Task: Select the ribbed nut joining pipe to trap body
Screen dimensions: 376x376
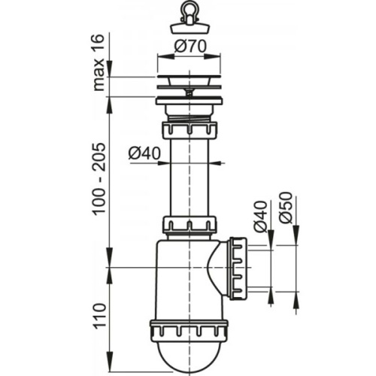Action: click(189, 224)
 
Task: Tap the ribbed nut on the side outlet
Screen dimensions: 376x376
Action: click(239, 267)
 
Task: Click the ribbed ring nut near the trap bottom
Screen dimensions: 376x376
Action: click(189, 329)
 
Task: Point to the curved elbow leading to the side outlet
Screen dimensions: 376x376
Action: click(217, 267)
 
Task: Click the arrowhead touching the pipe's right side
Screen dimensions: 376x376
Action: click(215, 162)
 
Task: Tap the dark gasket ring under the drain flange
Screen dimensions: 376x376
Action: click(189, 98)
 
